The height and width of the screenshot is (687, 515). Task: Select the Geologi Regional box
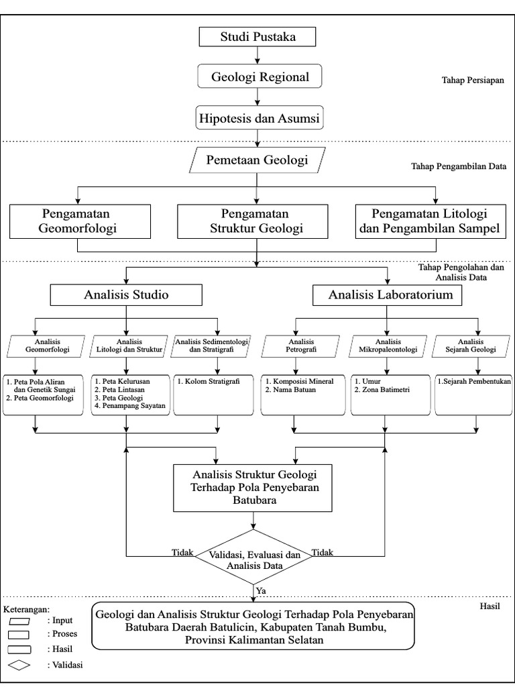257,77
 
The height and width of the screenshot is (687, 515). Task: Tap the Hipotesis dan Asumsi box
257,119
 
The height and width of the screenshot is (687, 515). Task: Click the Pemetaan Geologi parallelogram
257,160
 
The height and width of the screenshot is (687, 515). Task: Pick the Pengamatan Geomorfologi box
79,221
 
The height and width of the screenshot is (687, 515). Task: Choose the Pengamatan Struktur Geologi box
257,221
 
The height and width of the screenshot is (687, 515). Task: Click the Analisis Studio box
126,295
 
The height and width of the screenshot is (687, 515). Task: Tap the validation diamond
252,560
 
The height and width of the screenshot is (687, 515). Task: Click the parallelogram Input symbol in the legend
20,621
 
